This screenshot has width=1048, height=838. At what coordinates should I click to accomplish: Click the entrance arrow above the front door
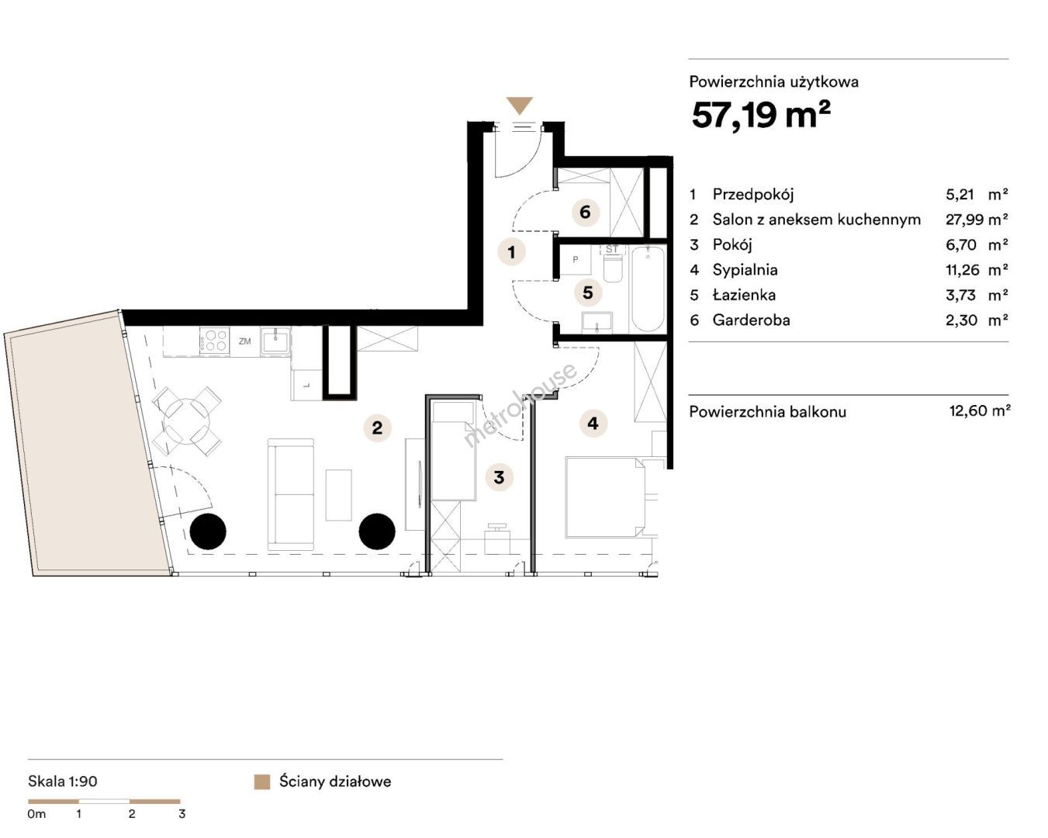[x=519, y=105]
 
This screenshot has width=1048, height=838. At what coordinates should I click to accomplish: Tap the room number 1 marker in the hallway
[x=511, y=252]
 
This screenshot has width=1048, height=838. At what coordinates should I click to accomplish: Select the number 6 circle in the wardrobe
[x=585, y=212]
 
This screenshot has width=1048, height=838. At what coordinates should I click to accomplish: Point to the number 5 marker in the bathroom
[x=588, y=293]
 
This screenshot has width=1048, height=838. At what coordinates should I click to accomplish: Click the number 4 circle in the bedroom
[x=593, y=423]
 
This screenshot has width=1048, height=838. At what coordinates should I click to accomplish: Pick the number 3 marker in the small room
[x=499, y=477]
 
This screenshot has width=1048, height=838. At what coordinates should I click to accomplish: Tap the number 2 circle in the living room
[x=378, y=428]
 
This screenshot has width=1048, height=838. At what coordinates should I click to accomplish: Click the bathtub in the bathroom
[x=648, y=289]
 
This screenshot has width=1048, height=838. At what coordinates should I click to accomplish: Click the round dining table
[x=187, y=421]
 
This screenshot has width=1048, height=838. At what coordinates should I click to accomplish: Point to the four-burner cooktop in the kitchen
[x=215, y=340]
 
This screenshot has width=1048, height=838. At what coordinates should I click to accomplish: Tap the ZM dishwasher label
[x=245, y=341]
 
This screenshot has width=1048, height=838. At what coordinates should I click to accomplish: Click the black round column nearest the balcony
[x=208, y=531]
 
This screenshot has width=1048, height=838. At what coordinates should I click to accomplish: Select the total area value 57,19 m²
[x=761, y=115]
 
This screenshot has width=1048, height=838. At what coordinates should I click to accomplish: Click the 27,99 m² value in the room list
[x=977, y=220]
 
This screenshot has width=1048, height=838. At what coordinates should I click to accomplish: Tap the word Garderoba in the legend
[x=751, y=320]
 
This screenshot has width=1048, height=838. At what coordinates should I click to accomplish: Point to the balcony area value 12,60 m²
[x=980, y=410]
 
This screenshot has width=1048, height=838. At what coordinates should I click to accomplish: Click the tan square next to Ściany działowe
[x=262, y=781]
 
